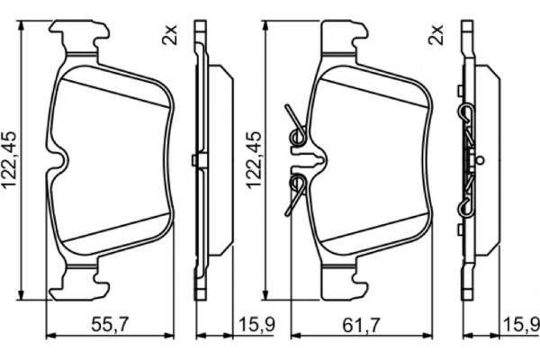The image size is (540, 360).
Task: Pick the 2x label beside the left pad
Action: coord(169,37)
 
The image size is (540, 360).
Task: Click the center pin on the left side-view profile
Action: coord(195,161)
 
